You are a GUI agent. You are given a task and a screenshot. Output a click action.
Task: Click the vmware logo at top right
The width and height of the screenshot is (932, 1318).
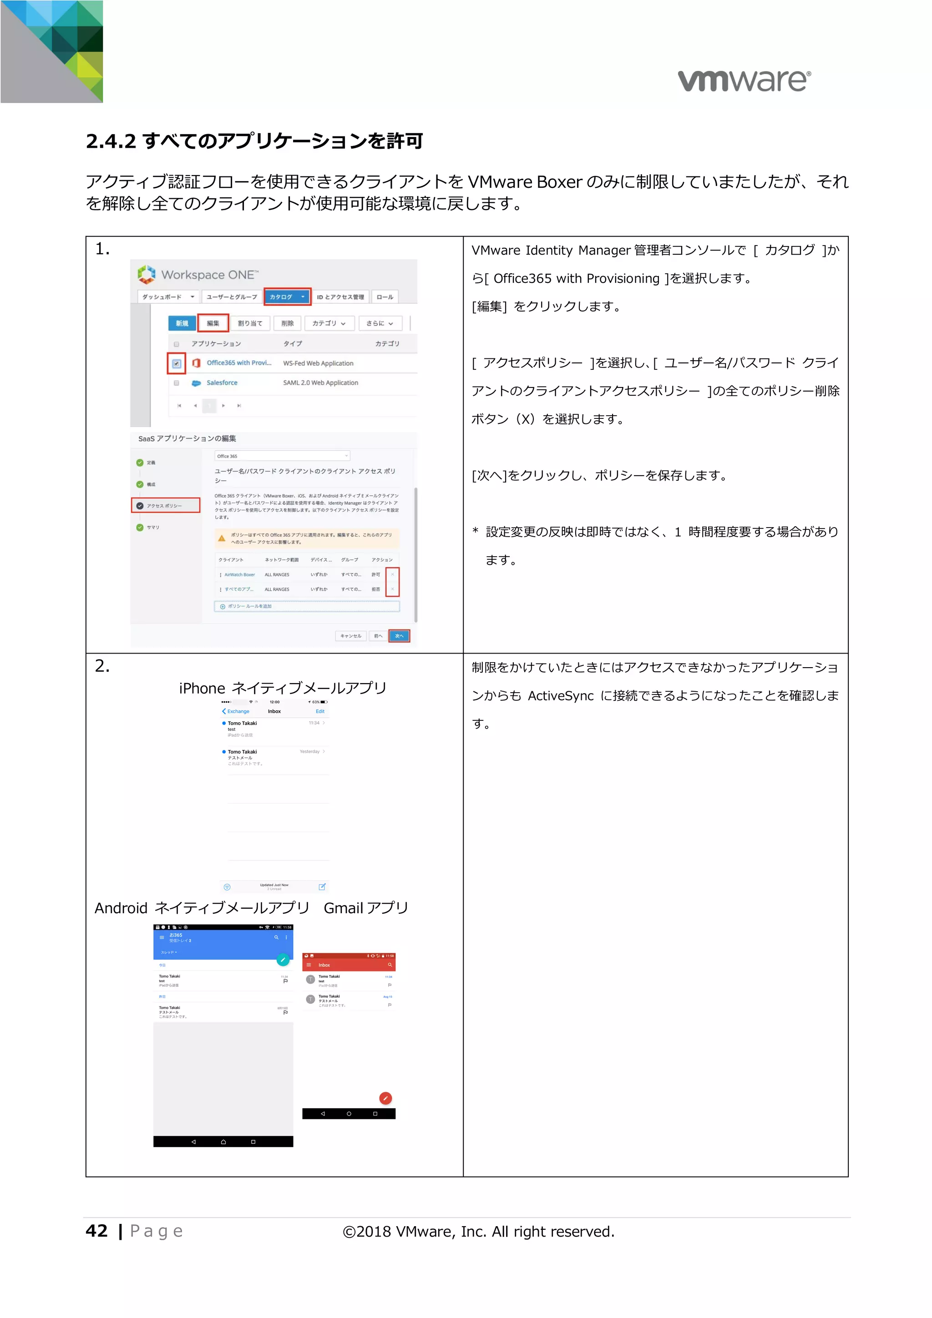coord(744,80)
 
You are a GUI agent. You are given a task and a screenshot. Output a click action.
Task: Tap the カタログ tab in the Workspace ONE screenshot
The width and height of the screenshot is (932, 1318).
coord(287,297)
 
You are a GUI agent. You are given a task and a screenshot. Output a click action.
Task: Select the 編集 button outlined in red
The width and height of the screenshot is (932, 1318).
coord(213,323)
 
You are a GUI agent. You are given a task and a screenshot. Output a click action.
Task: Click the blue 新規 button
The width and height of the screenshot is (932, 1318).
coord(182,323)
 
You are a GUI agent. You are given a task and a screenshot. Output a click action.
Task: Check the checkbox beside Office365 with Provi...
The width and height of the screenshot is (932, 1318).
coord(176,363)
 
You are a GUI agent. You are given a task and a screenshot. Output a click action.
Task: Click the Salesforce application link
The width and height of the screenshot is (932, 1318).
coord(222,383)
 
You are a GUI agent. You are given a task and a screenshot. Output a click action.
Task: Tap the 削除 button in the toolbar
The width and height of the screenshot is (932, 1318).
coord(287,323)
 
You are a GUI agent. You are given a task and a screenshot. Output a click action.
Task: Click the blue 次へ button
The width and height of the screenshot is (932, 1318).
coord(399,635)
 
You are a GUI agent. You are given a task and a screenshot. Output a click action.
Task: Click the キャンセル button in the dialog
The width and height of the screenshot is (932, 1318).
coord(350,635)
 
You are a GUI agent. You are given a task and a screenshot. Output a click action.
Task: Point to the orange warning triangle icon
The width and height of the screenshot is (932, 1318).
coord(222,538)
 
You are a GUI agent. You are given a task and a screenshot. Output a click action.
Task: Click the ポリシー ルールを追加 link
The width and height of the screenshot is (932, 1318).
coord(249,606)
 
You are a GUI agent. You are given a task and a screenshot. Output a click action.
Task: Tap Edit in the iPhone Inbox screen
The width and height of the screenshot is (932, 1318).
coord(320,711)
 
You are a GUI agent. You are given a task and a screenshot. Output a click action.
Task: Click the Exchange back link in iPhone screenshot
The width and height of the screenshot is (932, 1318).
coord(236,711)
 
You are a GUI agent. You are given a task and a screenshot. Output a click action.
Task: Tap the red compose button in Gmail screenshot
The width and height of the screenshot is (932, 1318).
coord(385,1098)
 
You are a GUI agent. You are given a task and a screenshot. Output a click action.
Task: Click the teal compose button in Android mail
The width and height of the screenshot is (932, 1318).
coord(283,959)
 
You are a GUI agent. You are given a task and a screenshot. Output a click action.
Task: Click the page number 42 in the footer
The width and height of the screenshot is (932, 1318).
coord(96,1231)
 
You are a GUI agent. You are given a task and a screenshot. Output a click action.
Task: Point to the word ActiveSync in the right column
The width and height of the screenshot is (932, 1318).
coord(561,696)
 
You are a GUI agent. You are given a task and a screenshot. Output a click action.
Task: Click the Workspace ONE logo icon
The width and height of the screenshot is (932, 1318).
coord(147,274)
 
